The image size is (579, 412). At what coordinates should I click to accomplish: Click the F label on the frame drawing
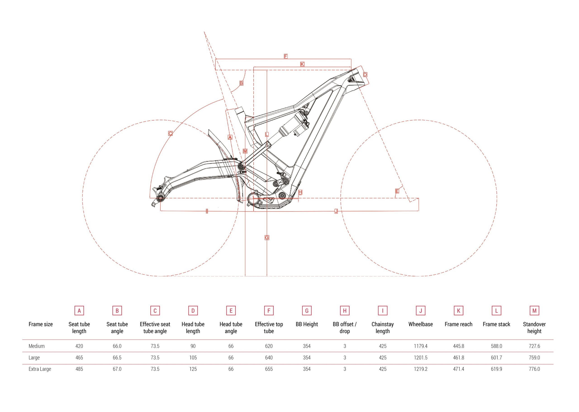[x=286, y=56]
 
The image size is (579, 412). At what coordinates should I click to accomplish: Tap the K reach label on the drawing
[x=302, y=64]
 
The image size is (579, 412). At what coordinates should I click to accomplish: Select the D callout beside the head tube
[x=365, y=74]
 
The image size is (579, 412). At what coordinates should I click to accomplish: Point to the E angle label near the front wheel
[x=397, y=191]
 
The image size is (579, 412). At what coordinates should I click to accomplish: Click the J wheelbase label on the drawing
[x=336, y=211]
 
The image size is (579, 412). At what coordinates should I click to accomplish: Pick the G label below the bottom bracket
[x=267, y=237]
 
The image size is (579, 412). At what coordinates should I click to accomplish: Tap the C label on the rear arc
[x=170, y=133]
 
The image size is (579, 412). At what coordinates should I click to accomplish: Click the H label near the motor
[x=300, y=192]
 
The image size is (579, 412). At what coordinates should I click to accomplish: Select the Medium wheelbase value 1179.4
[x=421, y=346]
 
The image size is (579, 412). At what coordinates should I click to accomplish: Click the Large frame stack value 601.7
[x=496, y=357]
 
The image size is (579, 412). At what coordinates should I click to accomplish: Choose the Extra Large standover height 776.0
[x=534, y=369]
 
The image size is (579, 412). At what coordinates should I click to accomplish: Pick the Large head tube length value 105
[x=193, y=357]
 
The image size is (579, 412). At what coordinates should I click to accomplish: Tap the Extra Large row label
[x=40, y=369]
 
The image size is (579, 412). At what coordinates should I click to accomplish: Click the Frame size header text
[x=40, y=324]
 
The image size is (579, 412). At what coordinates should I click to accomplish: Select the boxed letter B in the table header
[x=117, y=311]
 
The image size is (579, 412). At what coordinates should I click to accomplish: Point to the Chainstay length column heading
[x=383, y=328]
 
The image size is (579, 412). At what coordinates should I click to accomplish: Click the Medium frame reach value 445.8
[x=459, y=346]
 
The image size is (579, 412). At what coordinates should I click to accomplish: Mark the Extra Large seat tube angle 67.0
[x=117, y=369]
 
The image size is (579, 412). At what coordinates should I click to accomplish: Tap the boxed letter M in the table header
[x=534, y=311]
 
